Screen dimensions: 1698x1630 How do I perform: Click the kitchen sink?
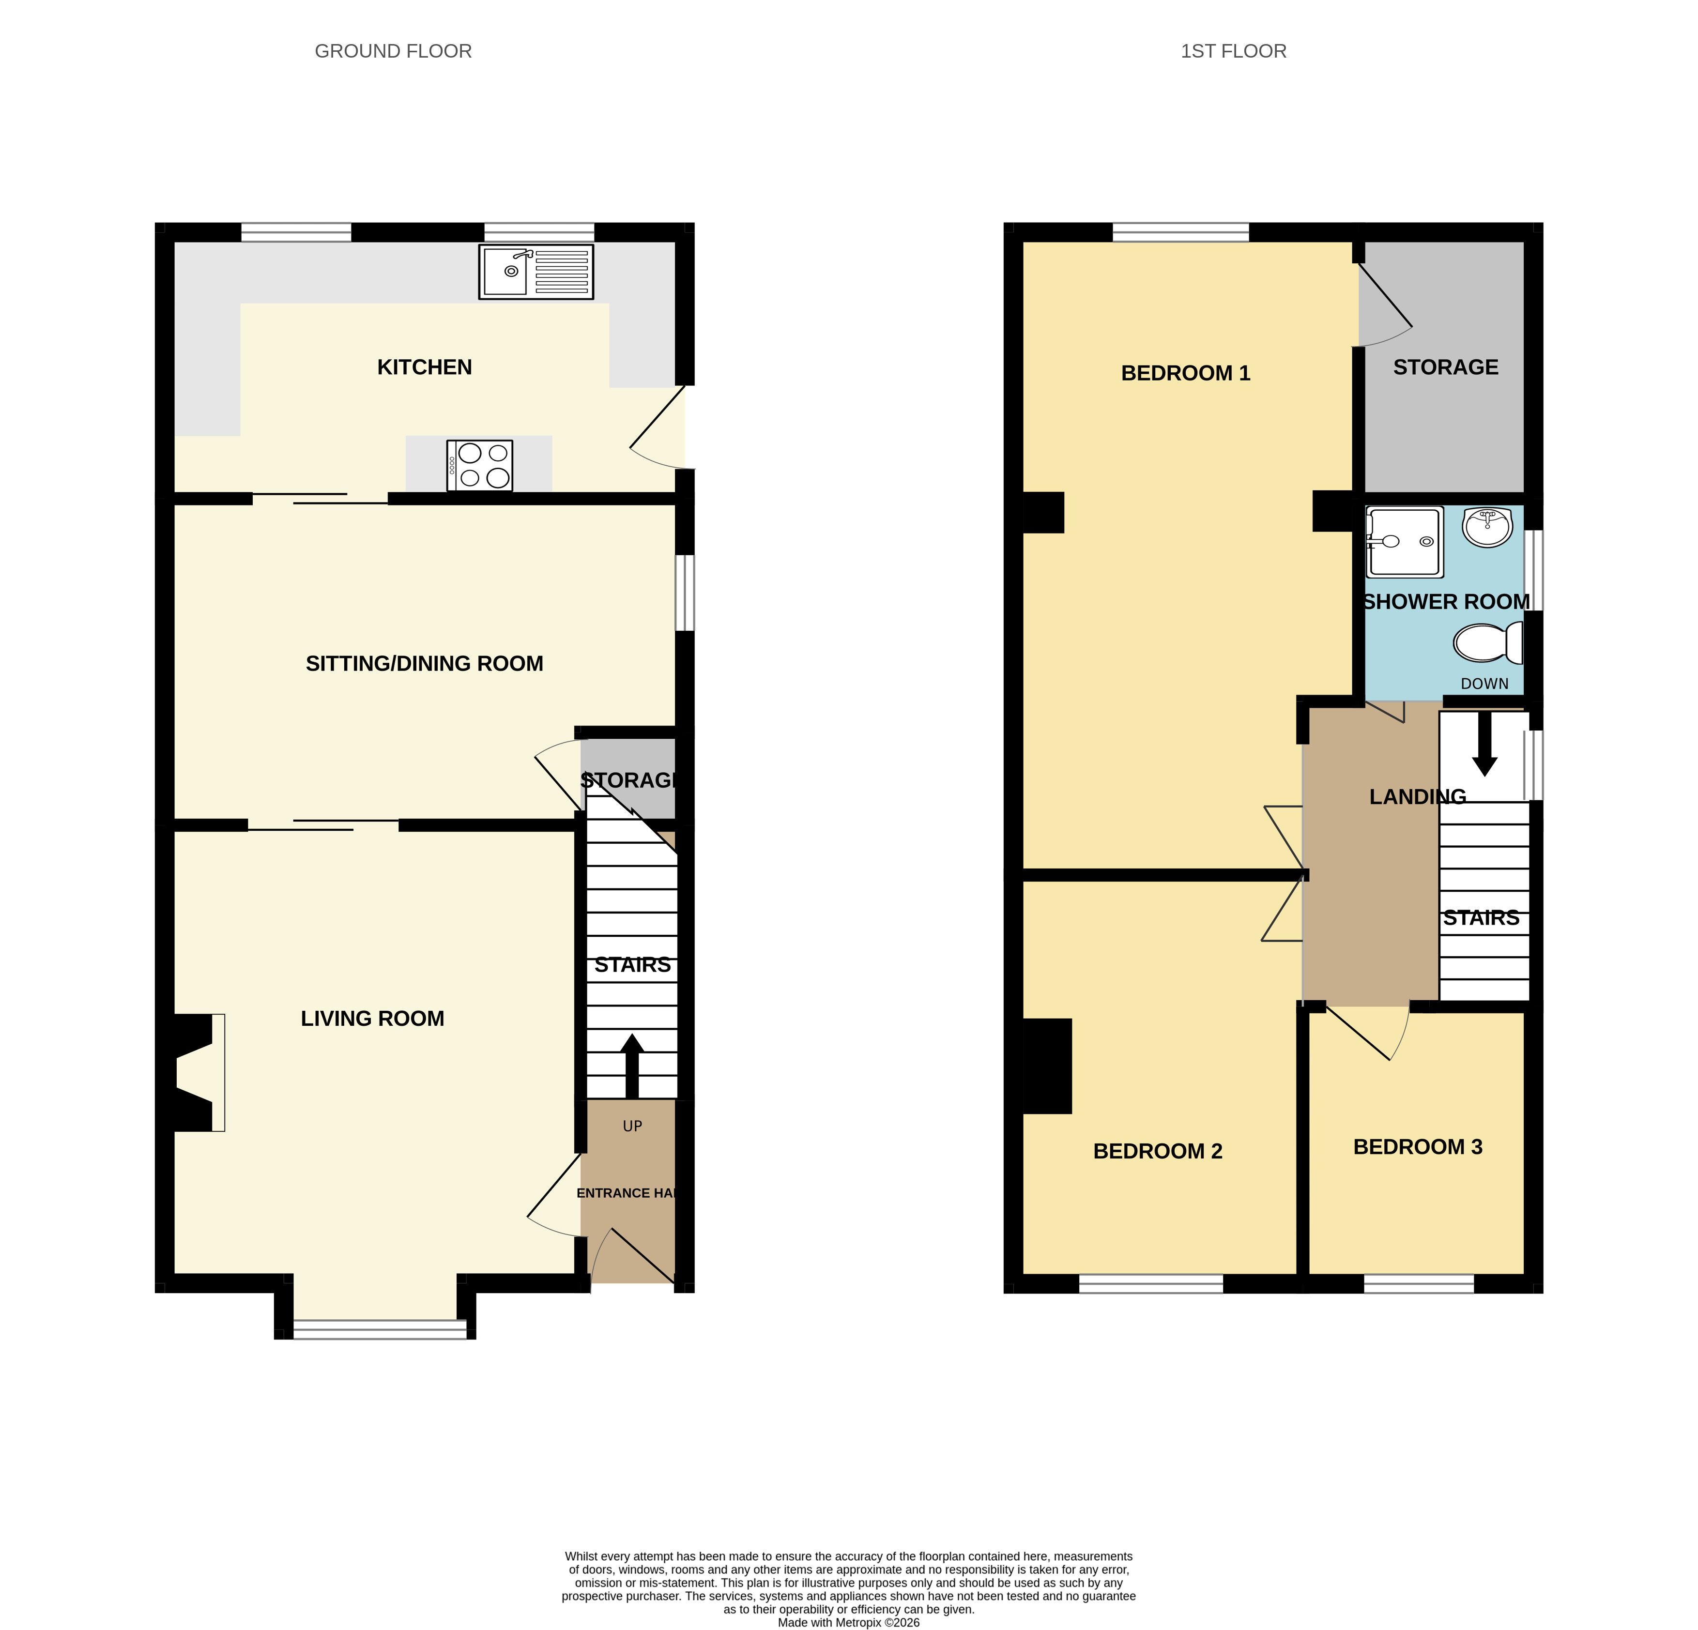click(x=536, y=272)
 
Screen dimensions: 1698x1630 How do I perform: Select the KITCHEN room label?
click(x=425, y=367)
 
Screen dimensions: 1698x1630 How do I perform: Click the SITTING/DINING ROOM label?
click(x=425, y=663)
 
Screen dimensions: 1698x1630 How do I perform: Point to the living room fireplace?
click(x=195, y=1072)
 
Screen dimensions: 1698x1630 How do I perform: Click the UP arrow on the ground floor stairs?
click(x=632, y=1066)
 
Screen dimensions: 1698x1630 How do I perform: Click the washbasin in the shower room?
click(x=1487, y=528)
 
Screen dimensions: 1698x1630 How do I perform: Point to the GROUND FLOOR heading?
click(x=393, y=51)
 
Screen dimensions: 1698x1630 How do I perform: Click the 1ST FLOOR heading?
click(x=1234, y=51)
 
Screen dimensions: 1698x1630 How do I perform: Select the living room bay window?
click(x=380, y=1328)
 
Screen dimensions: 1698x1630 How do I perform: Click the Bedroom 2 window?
click(x=1151, y=1283)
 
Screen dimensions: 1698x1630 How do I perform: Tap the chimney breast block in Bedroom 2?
click(x=1047, y=1066)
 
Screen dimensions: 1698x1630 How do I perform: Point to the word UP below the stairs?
click(x=632, y=1126)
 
